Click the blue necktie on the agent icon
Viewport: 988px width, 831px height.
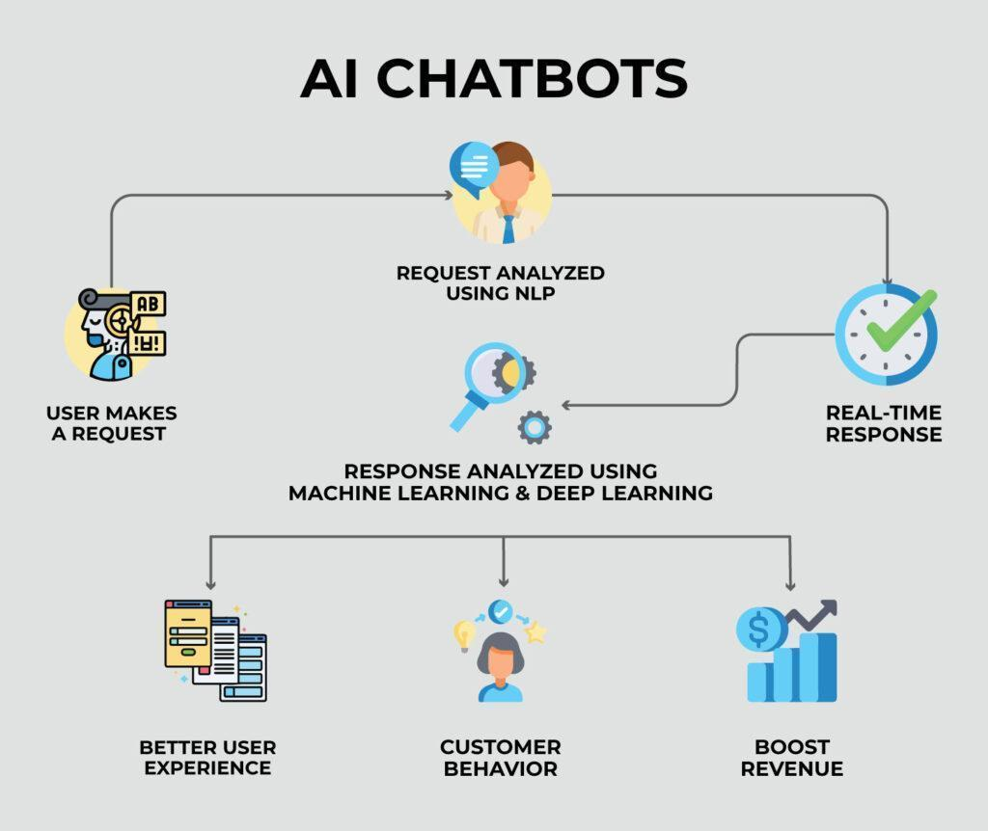tap(508, 228)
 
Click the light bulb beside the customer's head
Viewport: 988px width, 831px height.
tap(465, 633)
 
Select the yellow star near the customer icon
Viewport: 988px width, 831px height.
tap(535, 632)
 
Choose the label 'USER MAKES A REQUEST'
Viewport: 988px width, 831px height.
tap(111, 423)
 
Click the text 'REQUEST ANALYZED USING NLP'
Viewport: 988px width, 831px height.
tap(500, 282)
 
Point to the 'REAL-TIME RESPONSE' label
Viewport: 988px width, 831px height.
tap(883, 423)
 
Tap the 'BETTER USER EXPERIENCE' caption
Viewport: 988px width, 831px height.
tap(207, 758)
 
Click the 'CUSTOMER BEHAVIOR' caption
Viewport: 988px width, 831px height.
tap(500, 758)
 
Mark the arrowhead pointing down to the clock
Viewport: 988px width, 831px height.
tap(887, 281)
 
